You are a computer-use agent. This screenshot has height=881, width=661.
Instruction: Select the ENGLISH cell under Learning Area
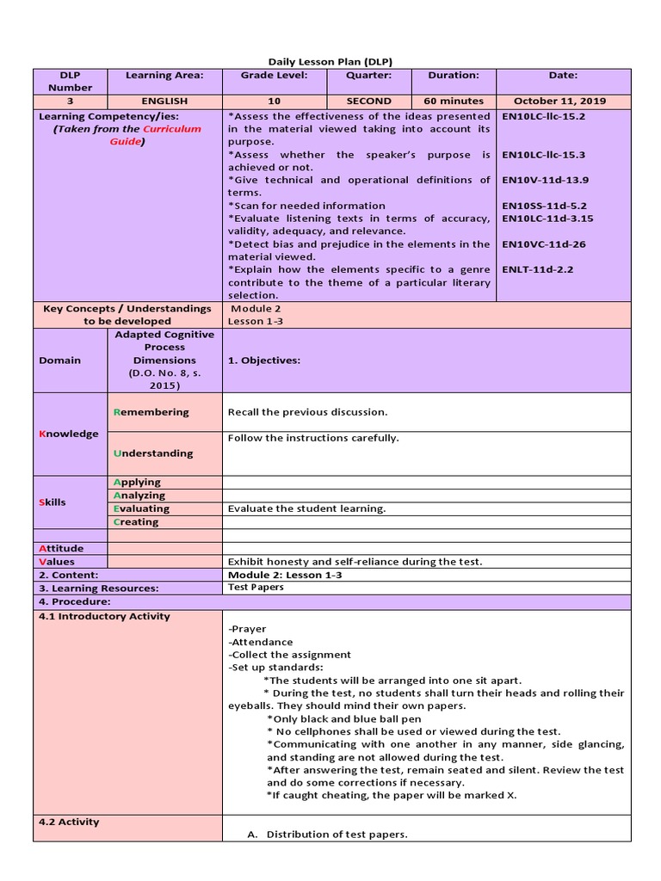pyautogui.click(x=164, y=101)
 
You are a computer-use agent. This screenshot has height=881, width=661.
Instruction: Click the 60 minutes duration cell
pyautogui.click(x=454, y=101)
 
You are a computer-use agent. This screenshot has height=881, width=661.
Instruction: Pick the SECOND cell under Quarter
pyautogui.click(x=368, y=101)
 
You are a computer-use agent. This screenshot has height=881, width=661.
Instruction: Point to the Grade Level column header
pyautogui.click(x=274, y=76)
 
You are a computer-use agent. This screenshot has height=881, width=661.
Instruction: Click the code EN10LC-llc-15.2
pyautogui.click(x=543, y=116)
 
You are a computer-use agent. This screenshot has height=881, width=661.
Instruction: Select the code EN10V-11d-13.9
pyautogui.click(x=544, y=181)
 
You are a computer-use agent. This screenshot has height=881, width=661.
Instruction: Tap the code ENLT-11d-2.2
pyautogui.click(x=537, y=269)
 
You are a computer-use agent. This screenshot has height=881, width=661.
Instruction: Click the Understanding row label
pyautogui.click(x=153, y=453)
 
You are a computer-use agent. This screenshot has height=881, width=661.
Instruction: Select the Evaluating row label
pyautogui.click(x=142, y=508)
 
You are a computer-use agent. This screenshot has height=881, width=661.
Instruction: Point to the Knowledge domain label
pyautogui.click(x=68, y=434)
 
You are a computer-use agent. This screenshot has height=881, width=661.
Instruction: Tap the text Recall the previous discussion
pyautogui.click(x=307, y=412)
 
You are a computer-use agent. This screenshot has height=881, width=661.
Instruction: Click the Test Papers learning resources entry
pyautogui.click(x=256, y=588)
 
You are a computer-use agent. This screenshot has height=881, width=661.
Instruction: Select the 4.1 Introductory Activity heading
pyautogui.click(x=104, y=616)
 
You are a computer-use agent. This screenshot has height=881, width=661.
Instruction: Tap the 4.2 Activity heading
pyautogui.click(x=69, y=822)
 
